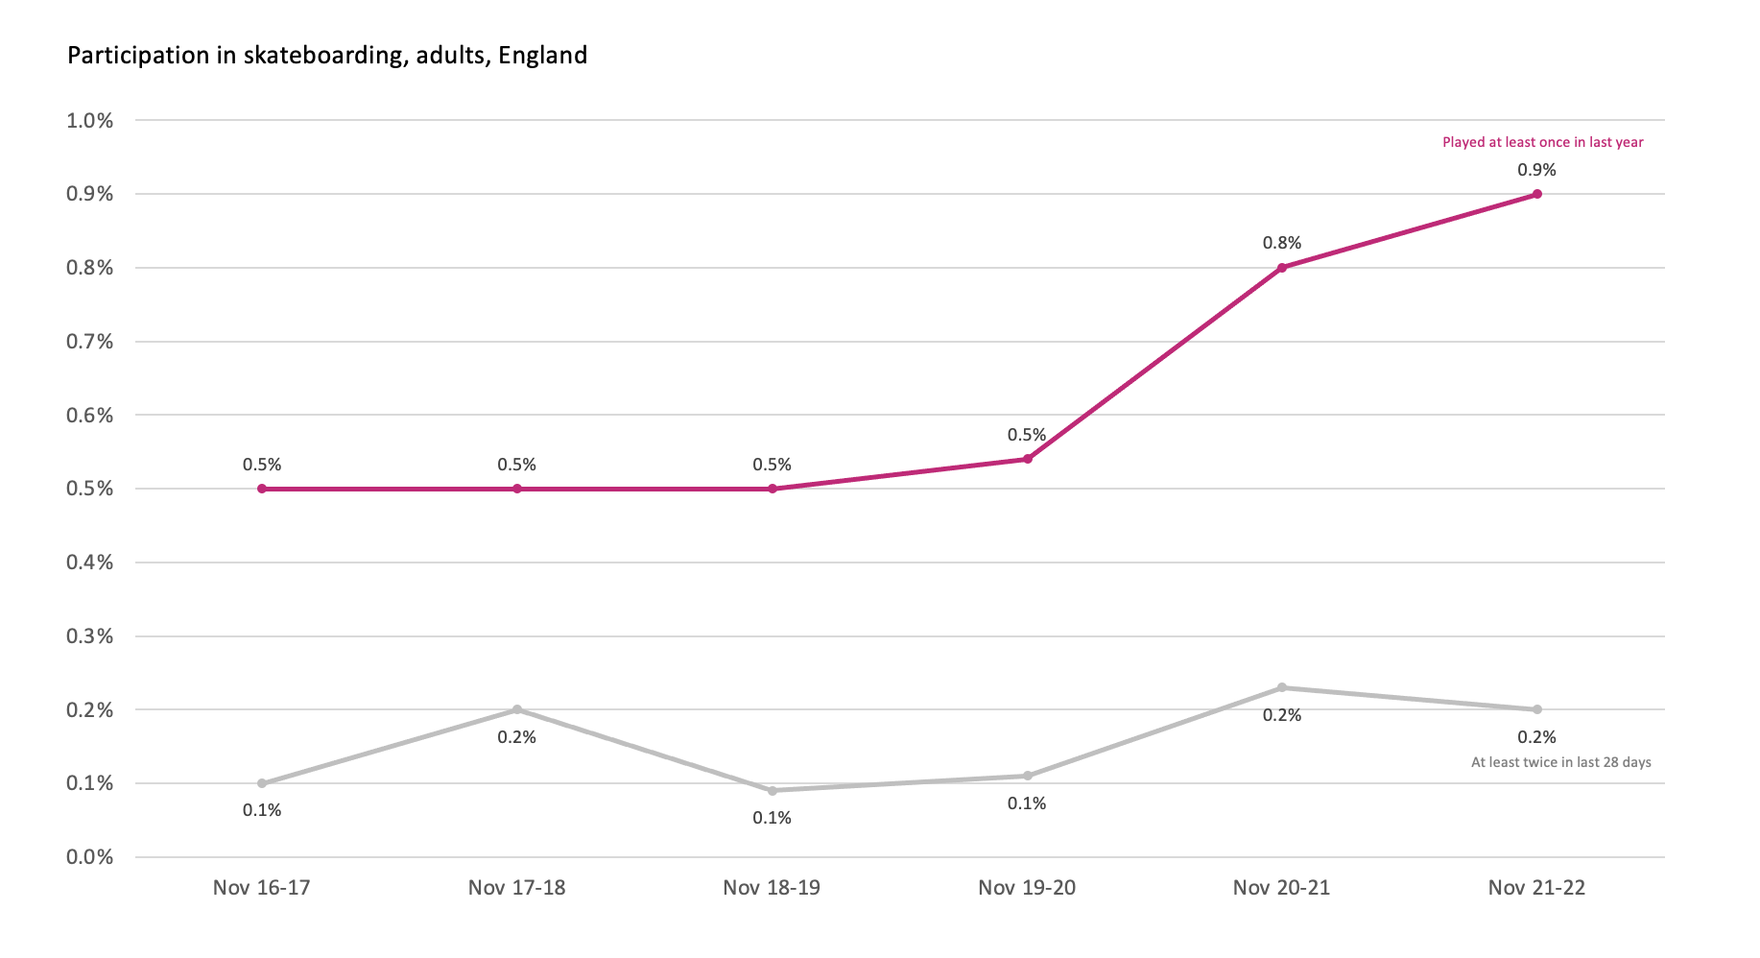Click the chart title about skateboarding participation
click(x=327, y=56)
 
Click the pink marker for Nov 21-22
click(x=1536, y=194)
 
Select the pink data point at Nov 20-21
click(x=1282, y=268)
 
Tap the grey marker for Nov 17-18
click(x=516, y=709)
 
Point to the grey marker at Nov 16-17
click(x=262, y=783)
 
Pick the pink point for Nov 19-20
click(x=1027, y=459)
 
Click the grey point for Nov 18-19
click(x=772, y=790)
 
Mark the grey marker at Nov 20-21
click(x=1282, y=687)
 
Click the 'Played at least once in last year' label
click(x=1542, y=142)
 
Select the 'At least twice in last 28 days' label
click(x=1560, y=762)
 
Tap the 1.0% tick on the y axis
click(x=89, y=121)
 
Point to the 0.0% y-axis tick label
click(x=89, y=857)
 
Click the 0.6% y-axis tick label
click(x=89, y=416)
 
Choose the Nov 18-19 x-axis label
click(x=772, y=888)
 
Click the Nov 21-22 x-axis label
click(x=1536, y=888)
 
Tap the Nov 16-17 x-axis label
click(x=262, y=888)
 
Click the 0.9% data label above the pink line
click(x=1536, y=170)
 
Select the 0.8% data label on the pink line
click(x=1282, y=244)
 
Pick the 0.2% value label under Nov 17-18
click(x=516, y=737)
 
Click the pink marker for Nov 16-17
click(x=262, y=489)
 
